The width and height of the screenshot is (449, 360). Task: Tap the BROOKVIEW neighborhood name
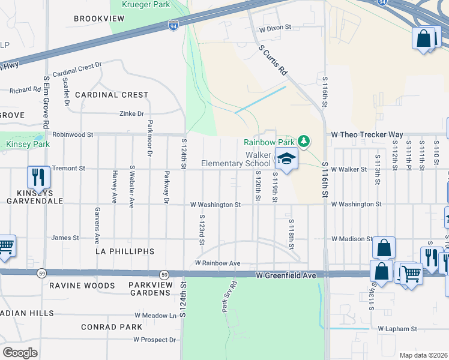click(99, 19)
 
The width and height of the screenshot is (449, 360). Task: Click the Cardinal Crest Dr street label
click(78, 69)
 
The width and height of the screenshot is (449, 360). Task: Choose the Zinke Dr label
click(132, 113)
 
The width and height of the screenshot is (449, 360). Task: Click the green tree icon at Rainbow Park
click(304, 142)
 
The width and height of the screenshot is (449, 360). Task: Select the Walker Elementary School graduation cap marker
click(287, 159)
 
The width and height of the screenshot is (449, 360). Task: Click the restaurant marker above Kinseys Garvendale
click(37, 177)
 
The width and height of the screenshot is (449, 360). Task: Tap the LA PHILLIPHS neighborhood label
click(125, 251)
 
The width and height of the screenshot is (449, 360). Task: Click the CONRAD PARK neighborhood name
click(112, 327)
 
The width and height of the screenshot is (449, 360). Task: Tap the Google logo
click(20, 353)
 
